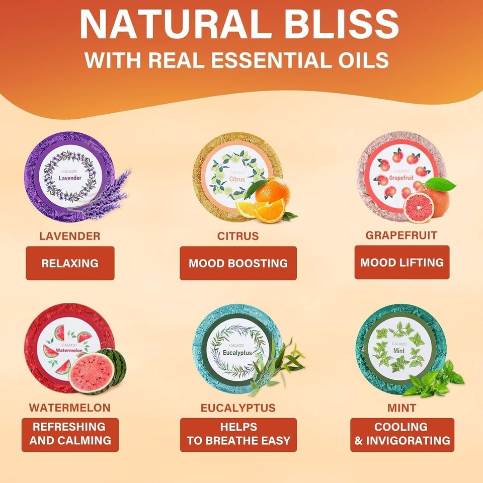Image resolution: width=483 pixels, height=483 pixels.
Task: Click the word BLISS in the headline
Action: click(341, 24)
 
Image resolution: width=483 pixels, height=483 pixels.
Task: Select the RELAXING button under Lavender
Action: click(70, 263)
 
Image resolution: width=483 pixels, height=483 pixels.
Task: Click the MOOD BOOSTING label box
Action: click(238, 263)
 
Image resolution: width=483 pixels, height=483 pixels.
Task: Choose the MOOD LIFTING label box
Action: click(402, 262)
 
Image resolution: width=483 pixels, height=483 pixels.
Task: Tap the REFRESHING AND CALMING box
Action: click(70, 435)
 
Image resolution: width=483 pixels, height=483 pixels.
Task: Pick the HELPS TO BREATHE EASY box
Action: click(238, 435)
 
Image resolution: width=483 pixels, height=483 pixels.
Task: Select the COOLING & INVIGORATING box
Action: click(402, 435)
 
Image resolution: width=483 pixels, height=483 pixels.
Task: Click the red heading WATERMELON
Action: click(70, 408)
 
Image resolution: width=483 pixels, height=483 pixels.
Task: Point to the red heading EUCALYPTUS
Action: click(238, 408)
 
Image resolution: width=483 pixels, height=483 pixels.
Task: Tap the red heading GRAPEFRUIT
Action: click(401, 235)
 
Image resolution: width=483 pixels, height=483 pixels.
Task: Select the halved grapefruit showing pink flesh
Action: click(418, 207)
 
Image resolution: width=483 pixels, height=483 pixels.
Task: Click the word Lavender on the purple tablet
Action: click(70, 178)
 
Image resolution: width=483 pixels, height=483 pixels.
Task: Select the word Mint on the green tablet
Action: click(399, 351)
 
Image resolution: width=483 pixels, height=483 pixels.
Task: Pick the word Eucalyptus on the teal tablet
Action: click(237, 353)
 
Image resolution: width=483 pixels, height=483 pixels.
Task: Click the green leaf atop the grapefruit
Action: click(440, 184)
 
